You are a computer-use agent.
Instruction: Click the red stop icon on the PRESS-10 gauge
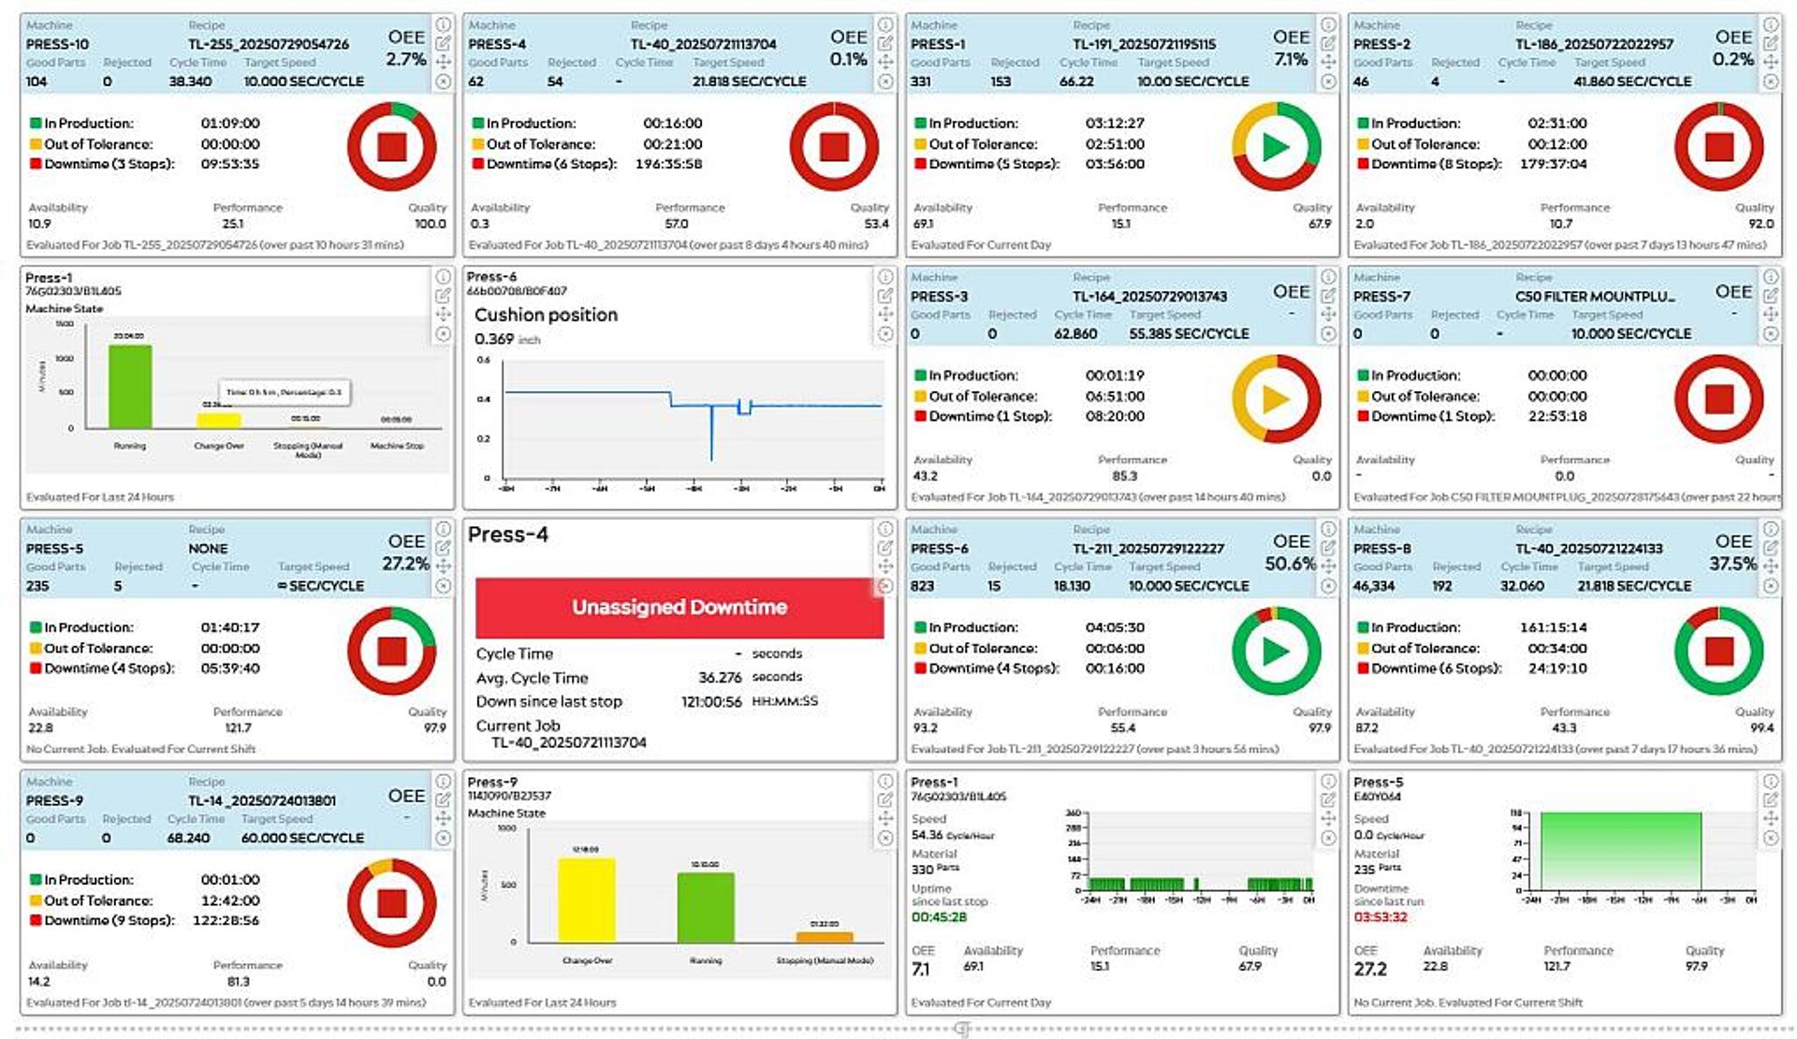pyautogui.click(x=391, y=147)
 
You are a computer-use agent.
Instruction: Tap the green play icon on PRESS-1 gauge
pyautogui.click(x=1276, y=147)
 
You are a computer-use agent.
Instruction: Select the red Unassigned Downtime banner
pyautogui.click(x=679, y=607)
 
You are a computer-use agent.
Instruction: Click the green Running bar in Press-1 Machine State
pyautogui.click(x=130, y=387)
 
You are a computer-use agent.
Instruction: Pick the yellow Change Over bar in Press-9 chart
pyautogui.click(x=587, y=900)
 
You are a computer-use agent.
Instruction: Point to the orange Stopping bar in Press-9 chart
pyautogui.click(x=824, y=936)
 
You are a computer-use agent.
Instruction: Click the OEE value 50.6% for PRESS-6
pyautogui.click(x=1290, y=563)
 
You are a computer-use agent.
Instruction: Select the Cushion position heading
pyautogui.click(x=546, y=315)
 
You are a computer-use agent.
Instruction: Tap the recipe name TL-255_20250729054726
pyautogui.click(x=268, y=44)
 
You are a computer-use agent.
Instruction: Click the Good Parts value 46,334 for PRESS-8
pyautogui.click(x=1374, y=586)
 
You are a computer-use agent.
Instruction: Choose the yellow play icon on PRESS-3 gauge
pyautogui.click(x=1276, y=399)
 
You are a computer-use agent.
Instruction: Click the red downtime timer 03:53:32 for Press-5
pyautogui.click(x=1381, y=917)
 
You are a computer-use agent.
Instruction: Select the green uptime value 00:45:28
pyautogui.click(x=939, y=917)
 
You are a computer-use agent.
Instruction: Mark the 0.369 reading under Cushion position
pyautogui.click(x=493, y=339)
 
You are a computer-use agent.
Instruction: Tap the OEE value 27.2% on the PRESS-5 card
pyautogui.click(x=404, y=563)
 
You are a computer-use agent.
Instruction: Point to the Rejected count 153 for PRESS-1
pyautogui.click(x=1001, y=81)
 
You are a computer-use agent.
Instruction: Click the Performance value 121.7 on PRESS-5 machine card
pyautogui.click(x=238, y=728)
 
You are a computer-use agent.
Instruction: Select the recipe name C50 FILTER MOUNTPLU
pyautogui.click(x=1595, y=297)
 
